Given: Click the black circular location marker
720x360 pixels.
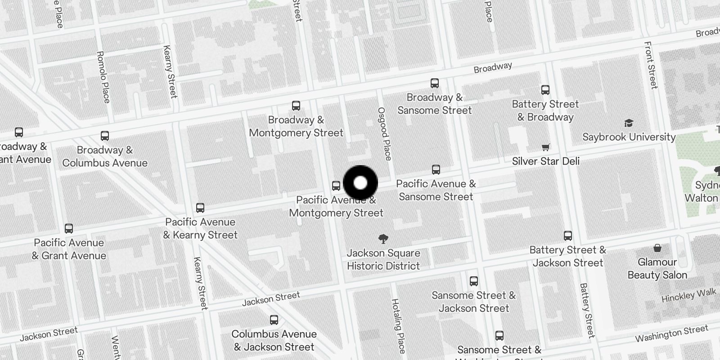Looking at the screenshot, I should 360,183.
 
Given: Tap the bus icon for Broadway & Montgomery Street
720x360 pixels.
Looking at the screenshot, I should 296,106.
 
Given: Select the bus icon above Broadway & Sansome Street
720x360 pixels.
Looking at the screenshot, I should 435,83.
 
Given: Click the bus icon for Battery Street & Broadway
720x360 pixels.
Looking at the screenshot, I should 545,90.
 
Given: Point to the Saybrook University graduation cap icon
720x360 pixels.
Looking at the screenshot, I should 629,123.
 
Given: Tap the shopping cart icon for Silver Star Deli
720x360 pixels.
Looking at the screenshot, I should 546,147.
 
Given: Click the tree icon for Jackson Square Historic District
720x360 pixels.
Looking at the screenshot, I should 383,239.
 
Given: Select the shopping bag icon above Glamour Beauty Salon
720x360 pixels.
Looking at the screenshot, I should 657,248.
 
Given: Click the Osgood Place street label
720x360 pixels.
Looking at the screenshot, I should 384,134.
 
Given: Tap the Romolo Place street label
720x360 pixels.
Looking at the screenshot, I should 103,77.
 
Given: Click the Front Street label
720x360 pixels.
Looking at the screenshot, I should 651,65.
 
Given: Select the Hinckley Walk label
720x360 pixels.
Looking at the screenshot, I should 688,295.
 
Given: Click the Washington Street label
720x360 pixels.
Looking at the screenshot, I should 671,334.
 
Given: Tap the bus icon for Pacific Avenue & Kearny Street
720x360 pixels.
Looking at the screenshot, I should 200,208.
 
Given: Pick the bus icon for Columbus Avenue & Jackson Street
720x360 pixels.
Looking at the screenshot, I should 274,320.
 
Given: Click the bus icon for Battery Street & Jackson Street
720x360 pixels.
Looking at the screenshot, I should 568,236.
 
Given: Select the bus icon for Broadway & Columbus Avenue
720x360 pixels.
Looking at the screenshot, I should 105,136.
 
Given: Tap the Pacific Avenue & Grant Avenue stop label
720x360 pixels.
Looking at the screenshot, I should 69,249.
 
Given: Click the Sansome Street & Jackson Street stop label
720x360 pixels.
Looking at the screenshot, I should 474,302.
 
